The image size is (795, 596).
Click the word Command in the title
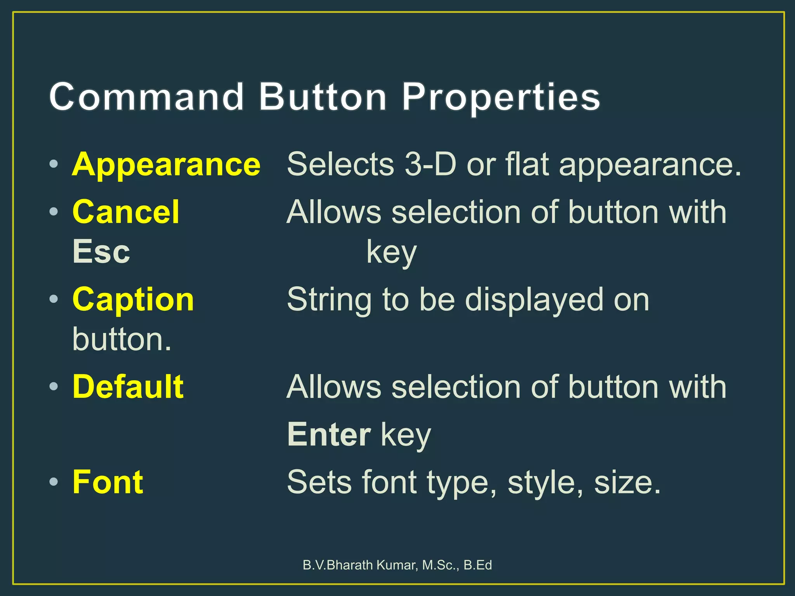tap(146, 97)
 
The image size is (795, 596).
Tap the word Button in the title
tap(323, 97)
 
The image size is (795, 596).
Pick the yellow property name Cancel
tap(126, 212)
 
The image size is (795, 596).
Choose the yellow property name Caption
tap(133, 299)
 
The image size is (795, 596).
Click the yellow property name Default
tap(128, 386)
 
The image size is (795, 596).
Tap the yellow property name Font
tap(108, 482)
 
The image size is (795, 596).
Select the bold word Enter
tap(329, 434)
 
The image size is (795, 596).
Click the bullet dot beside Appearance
tap(54, 164)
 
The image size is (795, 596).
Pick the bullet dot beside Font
tap(54, 482)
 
